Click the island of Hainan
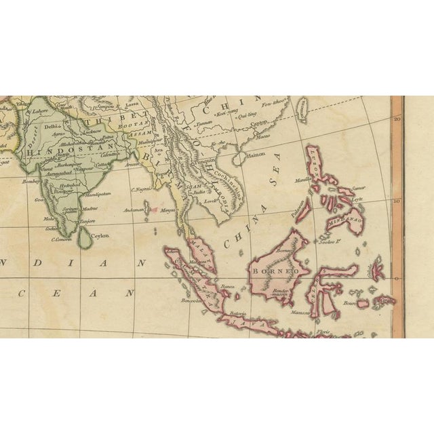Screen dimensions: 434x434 239,157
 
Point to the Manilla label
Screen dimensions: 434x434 302,180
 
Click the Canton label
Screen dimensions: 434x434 258,123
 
